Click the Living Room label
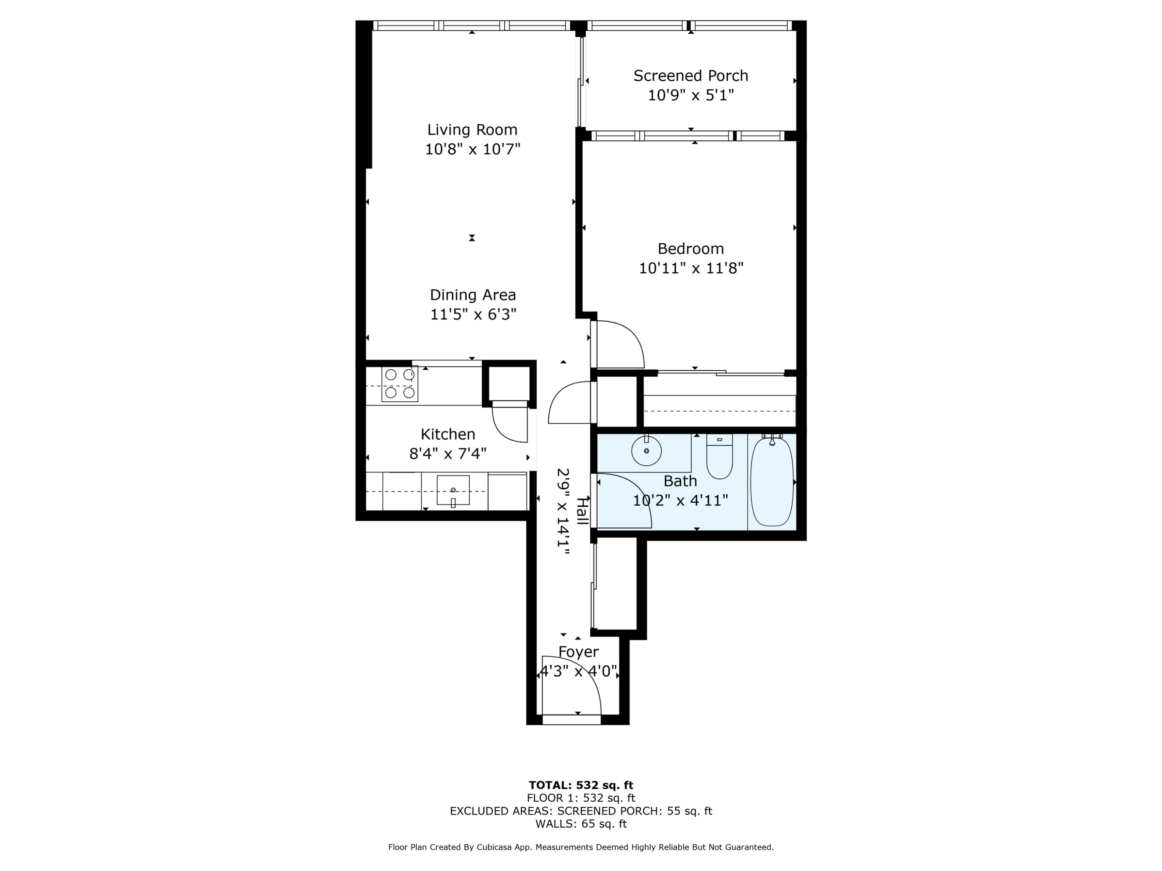[x=472, y=129]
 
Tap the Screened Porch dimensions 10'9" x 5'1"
[x=690, y=96]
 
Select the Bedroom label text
[x=690, y=249]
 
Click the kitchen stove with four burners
[x=400, y=383]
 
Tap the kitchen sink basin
[x=453, y=490]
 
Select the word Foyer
[x=578, y=652]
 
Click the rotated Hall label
[x=581, y=510]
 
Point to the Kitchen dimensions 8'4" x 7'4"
[x=448, y=454]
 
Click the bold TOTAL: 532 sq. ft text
[x=581, y=785]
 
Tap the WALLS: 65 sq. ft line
[x=581, y=824]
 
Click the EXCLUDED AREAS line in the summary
[x=581, y=811]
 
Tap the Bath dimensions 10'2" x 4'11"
[x=680, y=500]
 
